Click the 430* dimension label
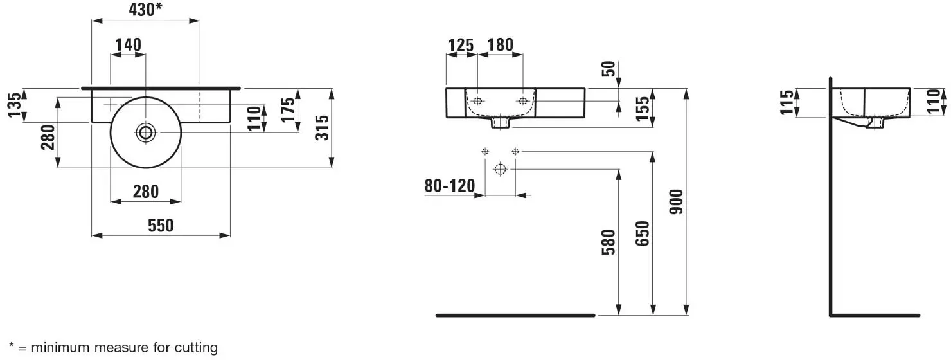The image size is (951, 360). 146,10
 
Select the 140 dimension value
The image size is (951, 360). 129,44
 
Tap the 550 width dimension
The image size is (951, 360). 161,226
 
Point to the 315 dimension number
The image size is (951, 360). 323,128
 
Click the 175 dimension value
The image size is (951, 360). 289,110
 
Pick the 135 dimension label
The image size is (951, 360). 14,105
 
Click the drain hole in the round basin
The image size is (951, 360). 146,132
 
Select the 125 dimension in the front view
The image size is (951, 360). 461,46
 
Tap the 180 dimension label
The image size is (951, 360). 501,44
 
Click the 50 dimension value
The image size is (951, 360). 609,69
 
